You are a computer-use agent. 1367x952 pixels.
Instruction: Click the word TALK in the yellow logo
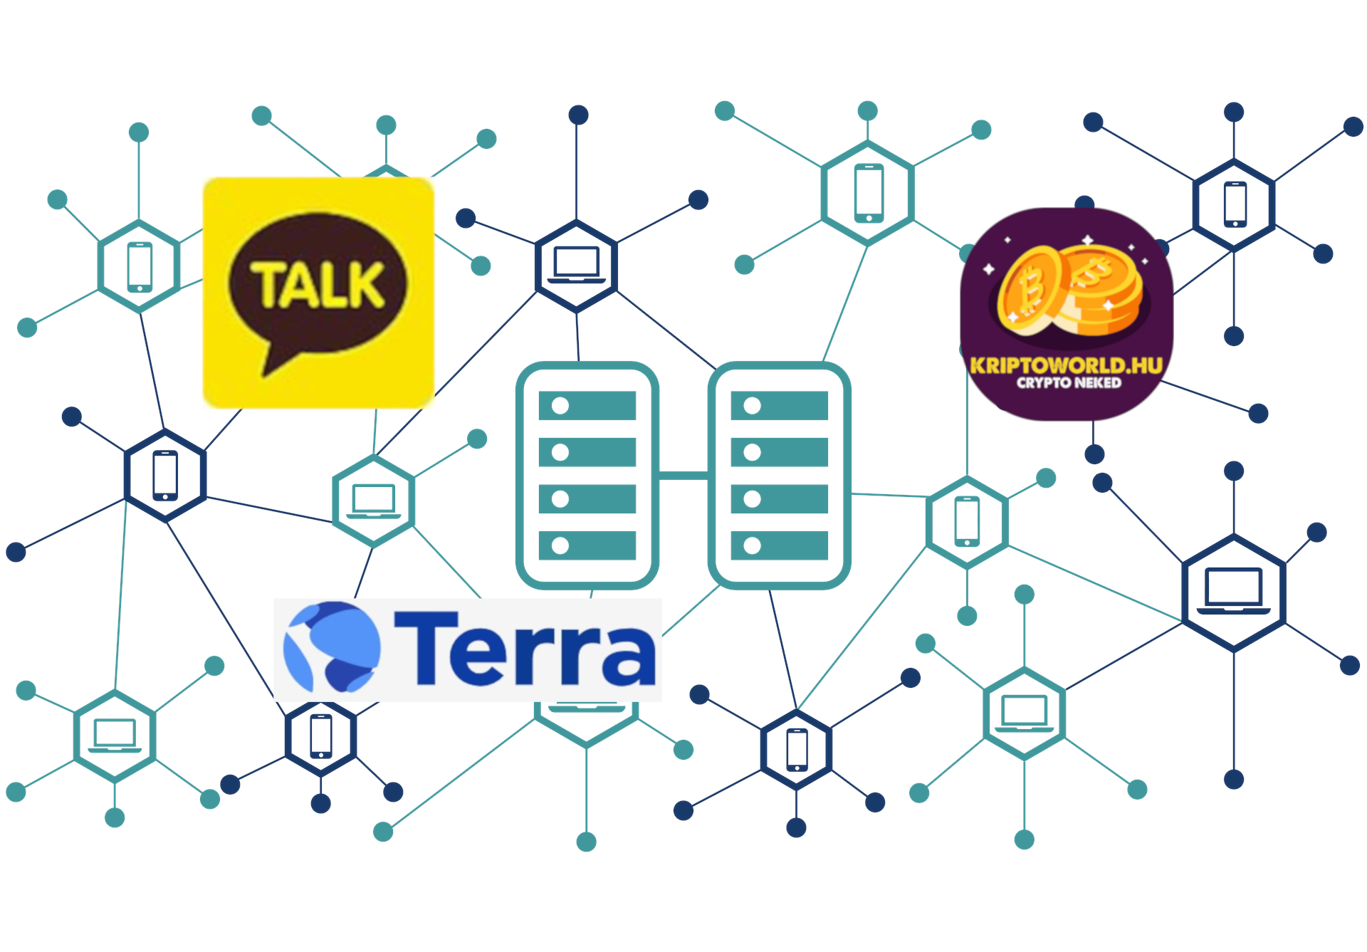click(x=318, y=285)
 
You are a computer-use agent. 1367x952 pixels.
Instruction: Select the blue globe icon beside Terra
click(x=332, y=647)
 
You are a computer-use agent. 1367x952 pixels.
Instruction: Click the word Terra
click(x=525, y=649)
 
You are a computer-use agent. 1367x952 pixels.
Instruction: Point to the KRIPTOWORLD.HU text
click(x=1066, y=366)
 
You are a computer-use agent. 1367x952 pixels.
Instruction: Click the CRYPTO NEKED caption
click(x=1068, y=383)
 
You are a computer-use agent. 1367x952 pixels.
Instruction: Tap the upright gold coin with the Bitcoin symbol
click(x=1029, y=290)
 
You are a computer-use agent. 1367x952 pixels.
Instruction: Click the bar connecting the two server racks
click(x=683, y=475)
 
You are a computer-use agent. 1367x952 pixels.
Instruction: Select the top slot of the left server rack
click(x=587, y=406)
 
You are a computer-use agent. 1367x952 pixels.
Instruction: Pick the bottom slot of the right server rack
click(x=779, y=545)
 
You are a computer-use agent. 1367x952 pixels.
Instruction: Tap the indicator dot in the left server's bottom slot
click(x=560, y=545)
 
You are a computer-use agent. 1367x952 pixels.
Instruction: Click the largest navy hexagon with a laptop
click(x=1233, y=592)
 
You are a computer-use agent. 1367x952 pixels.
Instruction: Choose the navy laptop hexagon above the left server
click(x=576, y=266)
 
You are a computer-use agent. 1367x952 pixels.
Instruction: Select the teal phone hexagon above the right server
click(x=867, y=193)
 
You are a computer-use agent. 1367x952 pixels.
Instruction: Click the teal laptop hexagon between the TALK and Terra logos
click(x=373, y=501)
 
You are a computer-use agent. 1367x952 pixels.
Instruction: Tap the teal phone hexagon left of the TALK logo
click(x=139, y=266)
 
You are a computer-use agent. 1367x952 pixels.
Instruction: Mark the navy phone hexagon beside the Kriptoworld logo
click(x=1234, y=205)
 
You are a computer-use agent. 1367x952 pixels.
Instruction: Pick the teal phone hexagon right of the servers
click(x=966, y=522)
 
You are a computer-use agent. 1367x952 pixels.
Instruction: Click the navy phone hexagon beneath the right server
click(x=796, y=749)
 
